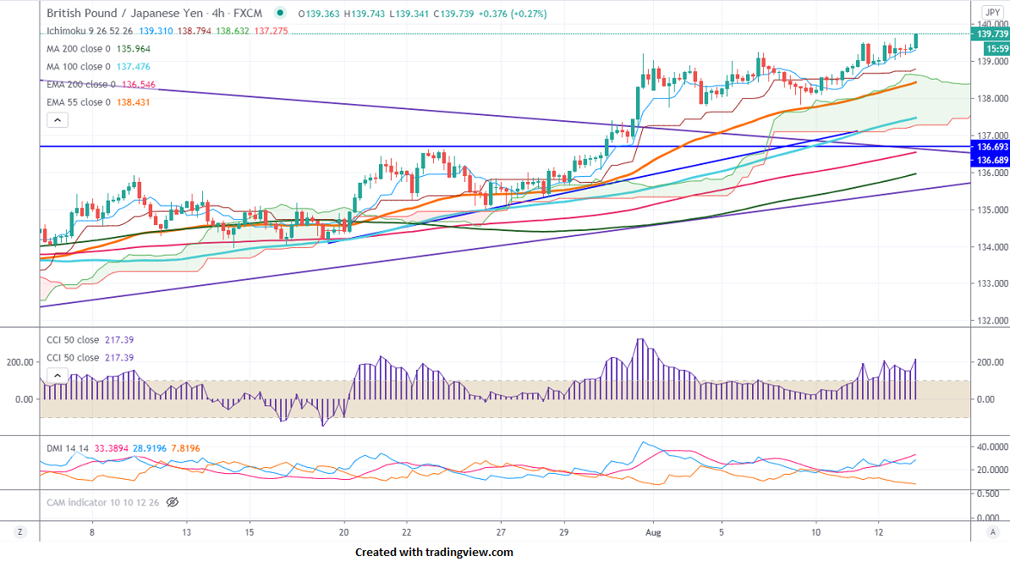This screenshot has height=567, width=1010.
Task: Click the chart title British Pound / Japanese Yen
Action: (x=130, y=14)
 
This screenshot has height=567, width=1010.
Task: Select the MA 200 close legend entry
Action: (x=78, y=49)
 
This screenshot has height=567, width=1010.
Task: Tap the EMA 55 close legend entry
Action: (x=78, y=102)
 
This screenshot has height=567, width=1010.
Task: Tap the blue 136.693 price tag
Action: (x=991, y=146)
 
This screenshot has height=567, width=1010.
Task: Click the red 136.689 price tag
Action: (x=991, y=160)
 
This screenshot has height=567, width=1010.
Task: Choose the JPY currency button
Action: (x=991, y=12)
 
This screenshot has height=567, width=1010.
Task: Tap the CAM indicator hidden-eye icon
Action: (x=173, y=503)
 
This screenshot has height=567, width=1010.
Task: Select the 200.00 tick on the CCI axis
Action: (x=986, y=362)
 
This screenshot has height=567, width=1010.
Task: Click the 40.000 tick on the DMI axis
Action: (x=988, y=447)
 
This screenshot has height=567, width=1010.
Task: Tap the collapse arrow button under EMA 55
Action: (x=57, y=120)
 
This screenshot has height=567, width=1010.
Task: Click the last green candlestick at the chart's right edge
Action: (x=916, y=41)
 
